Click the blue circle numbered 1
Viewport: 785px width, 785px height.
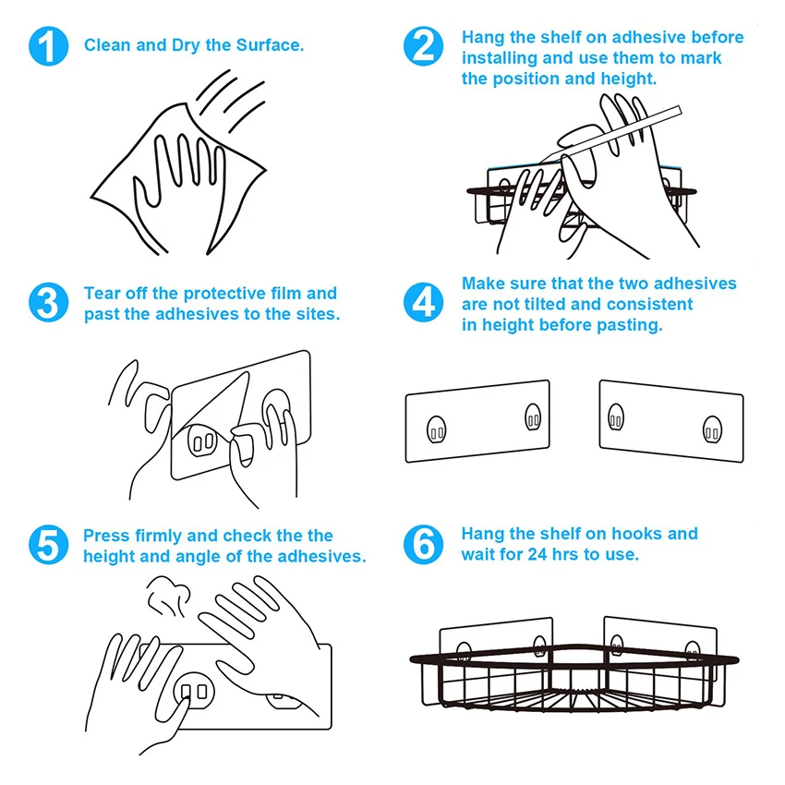(x=49, y=46)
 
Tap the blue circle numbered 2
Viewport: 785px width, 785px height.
(x=423, y=46)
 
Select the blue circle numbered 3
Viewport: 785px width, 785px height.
(x=49, y=302)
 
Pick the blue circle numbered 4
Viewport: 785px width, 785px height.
(x=423, y=302)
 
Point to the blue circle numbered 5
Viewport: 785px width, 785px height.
(x=49, y=545)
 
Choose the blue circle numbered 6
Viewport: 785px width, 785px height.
(x=423, y=545)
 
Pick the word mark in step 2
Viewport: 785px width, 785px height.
(x=700, y=57)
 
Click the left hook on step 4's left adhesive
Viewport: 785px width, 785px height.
(x=436, y=429)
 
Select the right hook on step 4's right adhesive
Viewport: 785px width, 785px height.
(x=712, y=430)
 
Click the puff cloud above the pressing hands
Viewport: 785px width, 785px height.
(x=169, y=596)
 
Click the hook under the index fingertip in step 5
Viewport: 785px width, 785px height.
(x=194, y=692)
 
